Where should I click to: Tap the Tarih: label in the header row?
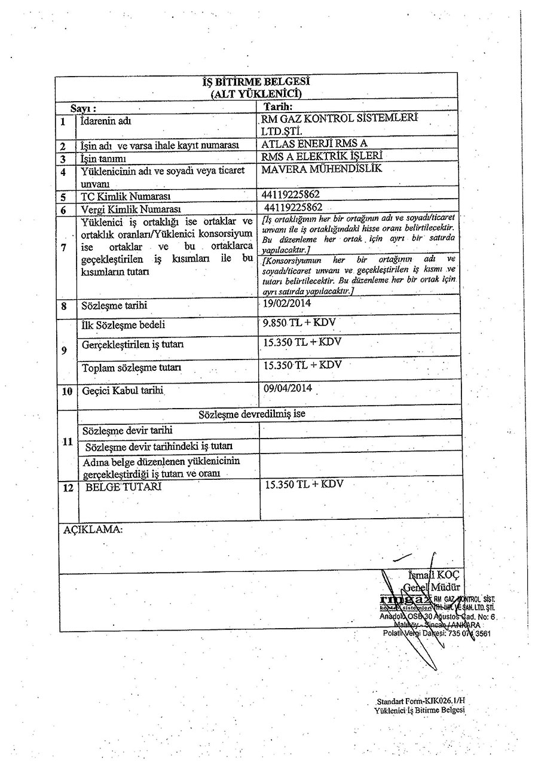(277, 108)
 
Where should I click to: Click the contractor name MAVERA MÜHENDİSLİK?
(322, 169)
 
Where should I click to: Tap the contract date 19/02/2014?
(287, 305)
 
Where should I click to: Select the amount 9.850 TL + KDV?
(299, 323)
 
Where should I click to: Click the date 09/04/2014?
(288, 388)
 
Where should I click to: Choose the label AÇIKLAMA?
(93, 529)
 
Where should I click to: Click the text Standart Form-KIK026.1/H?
(421, 701)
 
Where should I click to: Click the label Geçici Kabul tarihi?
(123, 391)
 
